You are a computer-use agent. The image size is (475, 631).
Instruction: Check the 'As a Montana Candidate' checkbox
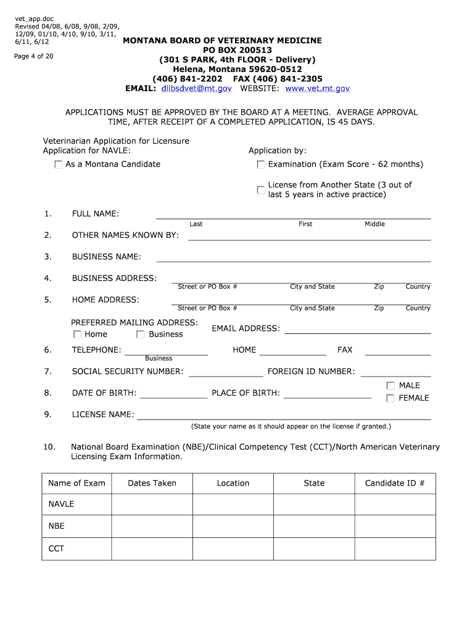pyautogui.click(x=59, y=165)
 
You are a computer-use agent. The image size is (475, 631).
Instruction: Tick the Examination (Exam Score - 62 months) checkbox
pyautogui.click(x=261, y=165)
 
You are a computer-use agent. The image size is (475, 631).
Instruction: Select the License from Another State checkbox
pyautogui.click(x=261, y=190)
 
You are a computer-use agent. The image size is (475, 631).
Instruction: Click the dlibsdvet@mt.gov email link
pyautogui.click(x=196, y=89)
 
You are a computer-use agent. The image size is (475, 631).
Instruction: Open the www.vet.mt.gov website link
pyautogui.click(x=316, y=89)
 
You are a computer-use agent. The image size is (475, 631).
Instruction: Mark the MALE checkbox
pyautogui.click(x=390, y=386)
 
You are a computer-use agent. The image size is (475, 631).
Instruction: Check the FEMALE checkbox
pyautogui.click(x=390, y=399)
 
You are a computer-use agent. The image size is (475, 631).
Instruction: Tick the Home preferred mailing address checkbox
pyautogui.click(x=77, y=335)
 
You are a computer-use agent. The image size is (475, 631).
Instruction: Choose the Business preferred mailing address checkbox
pyautogui.click(x=141, y=335)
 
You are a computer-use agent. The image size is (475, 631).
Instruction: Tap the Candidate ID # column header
pyautogui.click(x=395, y=483)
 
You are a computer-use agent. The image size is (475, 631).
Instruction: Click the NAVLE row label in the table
pyautogui.click(x=61, y=504)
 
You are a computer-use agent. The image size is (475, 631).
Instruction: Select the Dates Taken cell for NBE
pyautogui.click(x=152, y=526)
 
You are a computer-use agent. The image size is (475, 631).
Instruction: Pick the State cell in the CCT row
pyautogui.click(x=314, y=548)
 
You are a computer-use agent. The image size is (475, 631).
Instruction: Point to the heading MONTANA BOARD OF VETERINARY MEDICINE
pyautogui.click(x=222, y=40)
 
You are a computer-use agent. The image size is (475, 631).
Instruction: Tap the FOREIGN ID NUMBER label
pyautogui.click(x=311, y=372)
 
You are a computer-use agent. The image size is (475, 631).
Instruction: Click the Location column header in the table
pyautogui.click(x=233, y=483)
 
